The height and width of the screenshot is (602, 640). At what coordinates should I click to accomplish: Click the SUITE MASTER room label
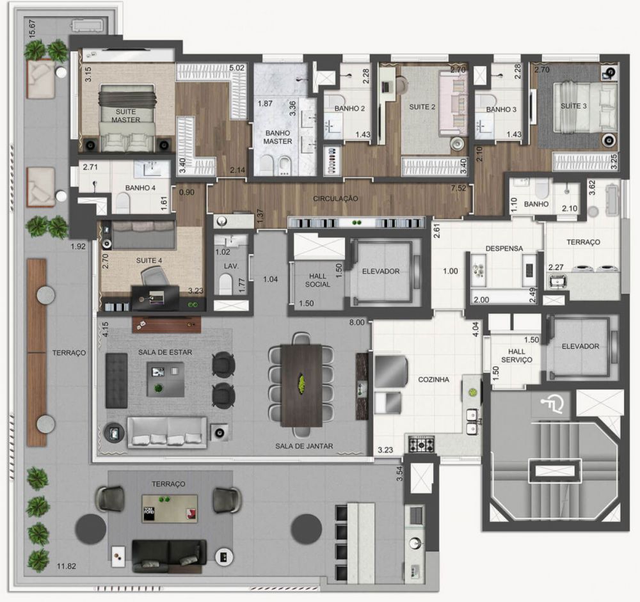tap(125, 116)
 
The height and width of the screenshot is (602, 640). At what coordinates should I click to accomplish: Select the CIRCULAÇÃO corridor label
tap(335, 199)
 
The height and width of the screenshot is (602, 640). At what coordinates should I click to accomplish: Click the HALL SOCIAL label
tap(317, 280)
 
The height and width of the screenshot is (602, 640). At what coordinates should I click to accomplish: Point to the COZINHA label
tap(433, 379)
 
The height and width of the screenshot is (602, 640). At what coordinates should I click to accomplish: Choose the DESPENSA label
tap(504, 248)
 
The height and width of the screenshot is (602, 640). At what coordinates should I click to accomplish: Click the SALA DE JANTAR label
tap(304, 447)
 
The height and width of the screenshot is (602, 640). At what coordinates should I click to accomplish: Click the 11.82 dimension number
tap(66, 566)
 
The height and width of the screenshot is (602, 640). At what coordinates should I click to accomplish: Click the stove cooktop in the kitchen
tap(422, 443)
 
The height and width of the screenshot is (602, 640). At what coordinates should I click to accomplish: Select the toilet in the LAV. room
tap(225, 283)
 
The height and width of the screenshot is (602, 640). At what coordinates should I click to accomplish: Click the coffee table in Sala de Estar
tap(164, 379)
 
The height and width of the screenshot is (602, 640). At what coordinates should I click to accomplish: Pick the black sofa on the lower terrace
tap(169, 553)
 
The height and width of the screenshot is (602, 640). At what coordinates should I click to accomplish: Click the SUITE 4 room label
tap(148, 261)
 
